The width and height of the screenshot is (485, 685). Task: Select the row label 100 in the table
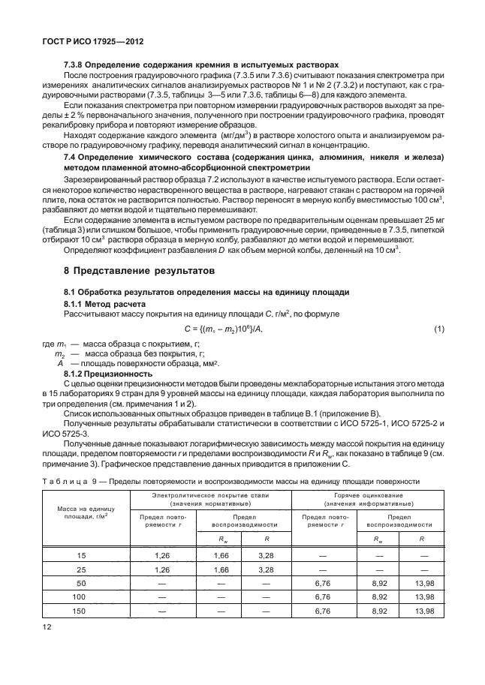pyautogui.click(x=83, y=596)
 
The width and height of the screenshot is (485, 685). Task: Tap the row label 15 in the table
pyautogui.click(x=83, y=554)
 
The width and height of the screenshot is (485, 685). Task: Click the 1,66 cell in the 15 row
pyautogui.click(x=221, y=554)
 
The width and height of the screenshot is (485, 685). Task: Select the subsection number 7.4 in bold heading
pyautogui.click(x=71, y=155)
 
